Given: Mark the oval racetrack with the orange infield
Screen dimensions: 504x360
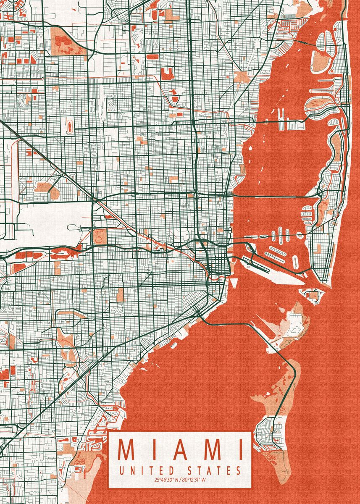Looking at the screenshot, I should pyautogui.click(x=69, y=125).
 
